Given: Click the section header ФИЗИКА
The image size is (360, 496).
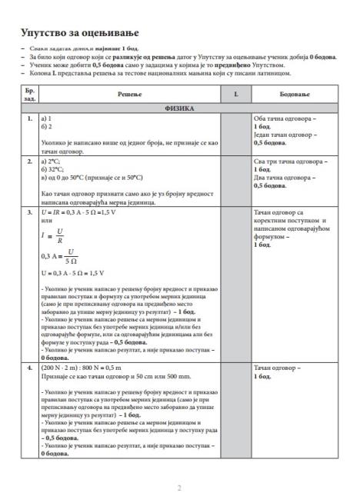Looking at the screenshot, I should pos(179,109).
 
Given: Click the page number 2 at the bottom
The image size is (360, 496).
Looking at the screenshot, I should pos(179,466).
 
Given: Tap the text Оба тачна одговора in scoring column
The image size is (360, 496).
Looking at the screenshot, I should pos(282,119).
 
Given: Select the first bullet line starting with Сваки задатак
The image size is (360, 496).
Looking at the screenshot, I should pos(78,48).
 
